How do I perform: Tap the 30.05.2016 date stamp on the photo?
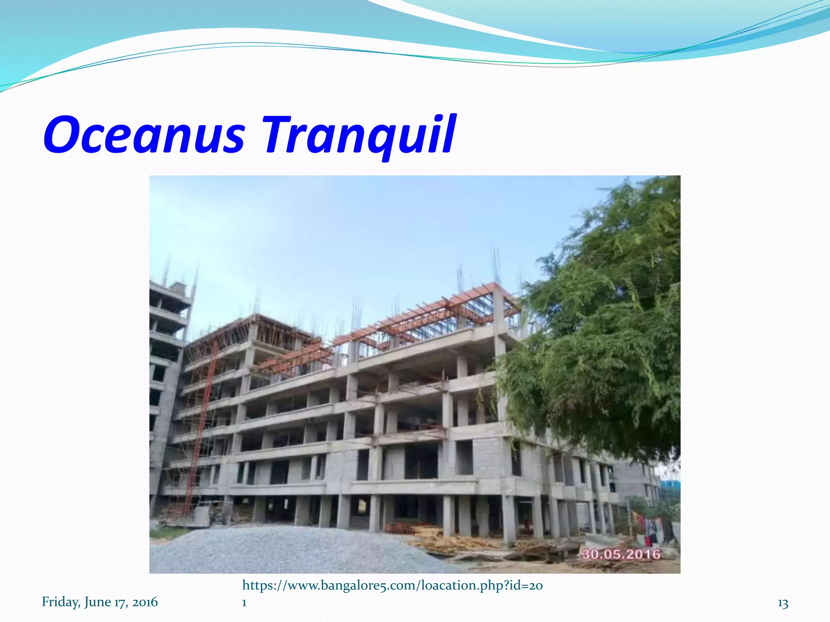621,554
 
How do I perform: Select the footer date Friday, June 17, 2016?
100,602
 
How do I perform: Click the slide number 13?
783,604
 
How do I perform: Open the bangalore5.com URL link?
392,586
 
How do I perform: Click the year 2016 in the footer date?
145,602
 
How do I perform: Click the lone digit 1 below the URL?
244,603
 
